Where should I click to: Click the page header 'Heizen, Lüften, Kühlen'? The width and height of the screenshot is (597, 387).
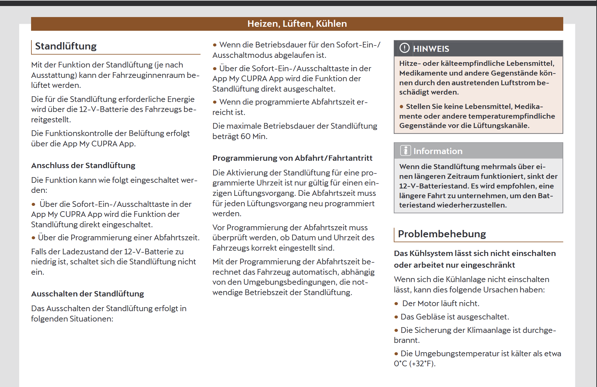[x=297, y=24]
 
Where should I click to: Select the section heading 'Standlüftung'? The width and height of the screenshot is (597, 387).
[x=66, y=46]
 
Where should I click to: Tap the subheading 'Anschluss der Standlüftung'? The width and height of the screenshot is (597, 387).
[x=83, y=165]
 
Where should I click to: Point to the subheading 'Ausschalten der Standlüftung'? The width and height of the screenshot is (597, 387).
[x=88, y=294]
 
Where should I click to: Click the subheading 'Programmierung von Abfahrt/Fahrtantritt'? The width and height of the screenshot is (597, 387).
[x=292, y=158]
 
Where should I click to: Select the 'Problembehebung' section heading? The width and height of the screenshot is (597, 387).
[x=442, y=234]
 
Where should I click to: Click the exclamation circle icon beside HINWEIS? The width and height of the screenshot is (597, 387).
[x=404, y=48]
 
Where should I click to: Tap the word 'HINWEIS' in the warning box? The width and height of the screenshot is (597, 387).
[x=431, y=49]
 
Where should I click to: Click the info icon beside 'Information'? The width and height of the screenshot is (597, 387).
[x=405, y=151]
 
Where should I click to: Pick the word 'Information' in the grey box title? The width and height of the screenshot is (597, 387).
[x=438, y=151]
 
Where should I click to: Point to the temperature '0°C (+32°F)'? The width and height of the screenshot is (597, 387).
[x=414, y=364]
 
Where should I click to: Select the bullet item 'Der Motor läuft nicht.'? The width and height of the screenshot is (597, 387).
[x=441, y=303]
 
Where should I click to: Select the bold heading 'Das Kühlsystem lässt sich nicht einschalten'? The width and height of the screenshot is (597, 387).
[x=475, y=253]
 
